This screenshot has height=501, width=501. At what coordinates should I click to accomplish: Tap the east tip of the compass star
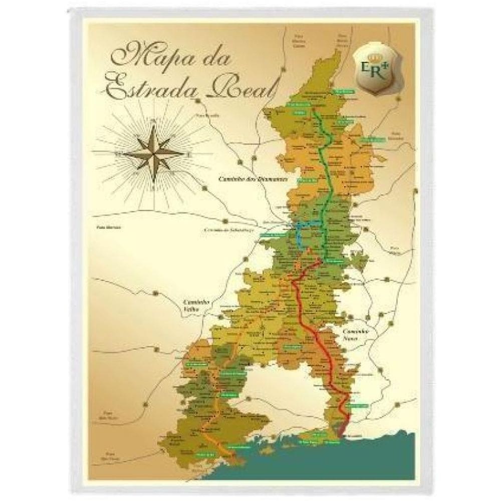[x=182, y=152]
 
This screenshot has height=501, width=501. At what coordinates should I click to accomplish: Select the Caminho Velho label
[x=191, y=306]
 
